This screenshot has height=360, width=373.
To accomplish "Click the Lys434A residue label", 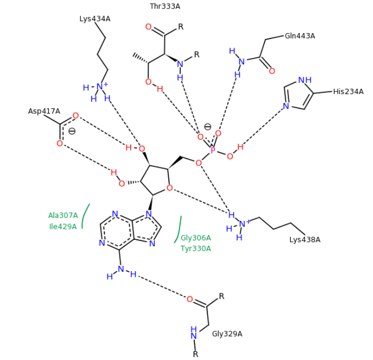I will point(95,19).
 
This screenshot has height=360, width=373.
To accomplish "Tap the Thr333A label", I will point(165,6).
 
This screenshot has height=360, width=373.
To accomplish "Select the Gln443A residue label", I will point(299,36).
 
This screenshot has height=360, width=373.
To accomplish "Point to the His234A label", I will point(348,91).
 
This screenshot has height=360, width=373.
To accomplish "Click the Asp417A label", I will point(44,111).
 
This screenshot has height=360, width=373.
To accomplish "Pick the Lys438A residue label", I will point(305,239).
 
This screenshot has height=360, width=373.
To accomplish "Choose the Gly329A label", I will point(227,333).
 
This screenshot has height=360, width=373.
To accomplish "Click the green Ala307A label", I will point(63,215).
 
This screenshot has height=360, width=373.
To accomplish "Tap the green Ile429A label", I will point(63,226).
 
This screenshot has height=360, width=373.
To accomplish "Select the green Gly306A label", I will point(195,238).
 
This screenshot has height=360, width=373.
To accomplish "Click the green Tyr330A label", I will point(195,248).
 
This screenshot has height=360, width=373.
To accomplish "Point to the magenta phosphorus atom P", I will point(213,149).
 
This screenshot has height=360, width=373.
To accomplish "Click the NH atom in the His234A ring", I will point(305,80).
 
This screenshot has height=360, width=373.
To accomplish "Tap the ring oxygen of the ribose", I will point(169,188).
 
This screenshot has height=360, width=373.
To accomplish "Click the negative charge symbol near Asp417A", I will point(71,131).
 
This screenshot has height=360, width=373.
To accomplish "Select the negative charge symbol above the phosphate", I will point(207,127).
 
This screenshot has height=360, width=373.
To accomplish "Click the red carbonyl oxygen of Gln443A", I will point(272,71).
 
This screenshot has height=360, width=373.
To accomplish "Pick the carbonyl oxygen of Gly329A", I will point(189,299).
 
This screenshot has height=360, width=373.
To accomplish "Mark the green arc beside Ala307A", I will point(85,216).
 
